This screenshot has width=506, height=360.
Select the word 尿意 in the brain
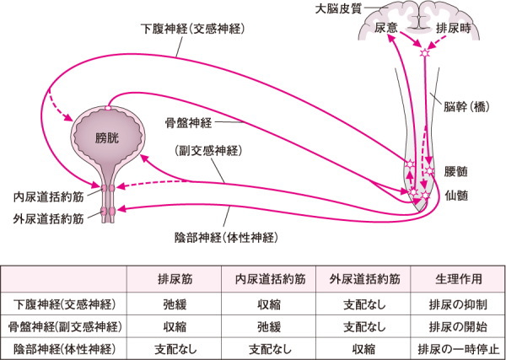385,29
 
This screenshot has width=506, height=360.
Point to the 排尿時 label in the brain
453,29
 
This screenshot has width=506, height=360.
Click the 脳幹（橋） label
466,107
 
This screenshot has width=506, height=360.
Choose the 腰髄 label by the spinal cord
455,170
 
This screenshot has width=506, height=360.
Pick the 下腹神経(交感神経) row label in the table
66,303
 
